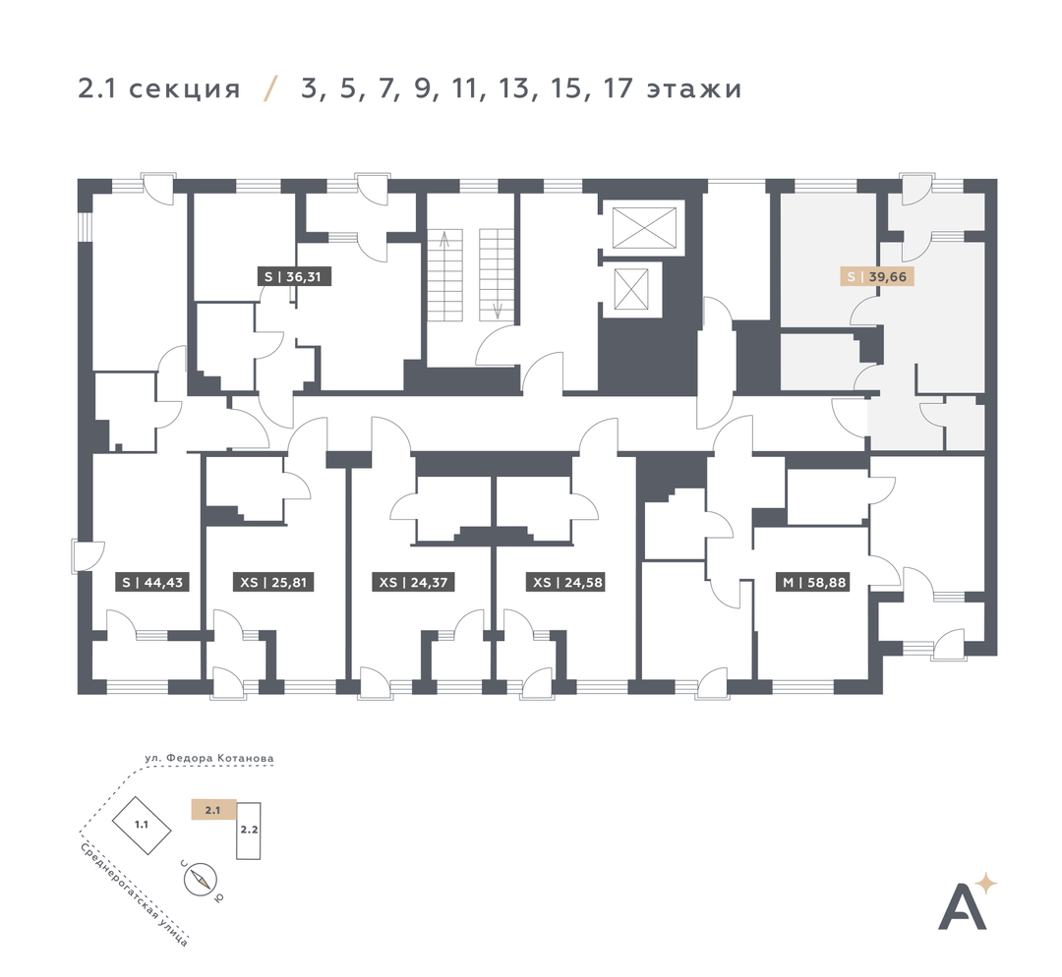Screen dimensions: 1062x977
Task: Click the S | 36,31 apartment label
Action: tap(294, 276)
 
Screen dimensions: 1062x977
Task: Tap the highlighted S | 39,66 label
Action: tap(877, 276)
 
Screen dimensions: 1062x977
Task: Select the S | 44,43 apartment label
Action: tap(152, 582)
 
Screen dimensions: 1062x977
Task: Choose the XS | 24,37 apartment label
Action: tap(413, 582)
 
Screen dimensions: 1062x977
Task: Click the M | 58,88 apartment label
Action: tap(814, 582)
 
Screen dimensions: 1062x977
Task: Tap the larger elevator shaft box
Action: tap(644, 228)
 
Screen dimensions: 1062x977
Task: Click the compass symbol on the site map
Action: tap(201, 880)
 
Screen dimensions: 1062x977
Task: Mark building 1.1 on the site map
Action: tap(141, 825)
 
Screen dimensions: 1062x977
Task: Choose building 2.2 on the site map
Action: tap(249, 831)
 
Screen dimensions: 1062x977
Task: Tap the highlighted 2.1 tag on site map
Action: tap(213, 810)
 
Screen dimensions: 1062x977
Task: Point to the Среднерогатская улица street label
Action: tap(134, 893)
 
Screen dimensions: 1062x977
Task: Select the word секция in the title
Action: tap(184, 89)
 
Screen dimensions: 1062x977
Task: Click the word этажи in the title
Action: tap(694, 89)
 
